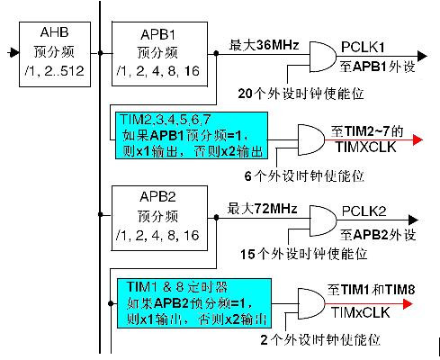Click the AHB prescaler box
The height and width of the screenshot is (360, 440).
click(55, 54)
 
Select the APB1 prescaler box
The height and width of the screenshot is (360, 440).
click(159, 54)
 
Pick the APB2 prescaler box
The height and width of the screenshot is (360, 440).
click(159, 218)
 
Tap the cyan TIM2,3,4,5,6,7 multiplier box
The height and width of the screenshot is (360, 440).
click(192, 136)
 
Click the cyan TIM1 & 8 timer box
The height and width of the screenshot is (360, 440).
click(194, 303)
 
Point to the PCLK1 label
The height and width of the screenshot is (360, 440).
click(363, 48)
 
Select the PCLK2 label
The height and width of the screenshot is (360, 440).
click(364, 211)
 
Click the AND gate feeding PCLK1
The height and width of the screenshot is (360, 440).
click(323, 57)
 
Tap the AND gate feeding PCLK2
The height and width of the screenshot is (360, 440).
click(323, 220)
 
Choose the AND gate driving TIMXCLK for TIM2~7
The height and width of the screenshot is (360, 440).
click(311, 139)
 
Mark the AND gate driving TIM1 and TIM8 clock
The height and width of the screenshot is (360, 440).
click(311, 304)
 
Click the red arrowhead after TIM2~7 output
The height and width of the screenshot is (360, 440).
click(418, 139)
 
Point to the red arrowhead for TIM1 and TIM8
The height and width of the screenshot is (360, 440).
click(408, 304)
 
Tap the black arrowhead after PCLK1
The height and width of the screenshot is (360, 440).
click(422, 56)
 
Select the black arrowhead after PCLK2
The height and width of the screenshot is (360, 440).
click(413, 220)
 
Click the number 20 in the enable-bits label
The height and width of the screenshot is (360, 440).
click(245, 94)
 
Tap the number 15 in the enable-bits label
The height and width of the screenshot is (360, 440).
click(247, 255)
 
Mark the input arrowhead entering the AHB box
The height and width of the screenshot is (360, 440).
click(13, 53)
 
